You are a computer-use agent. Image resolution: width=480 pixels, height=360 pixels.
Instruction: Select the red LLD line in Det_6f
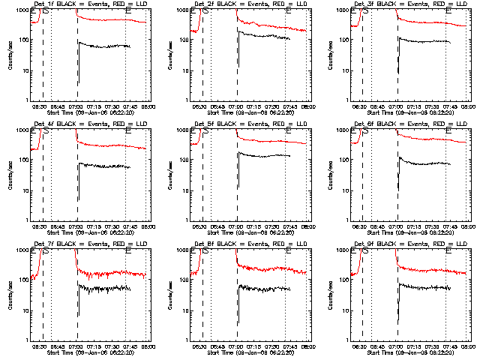click(x=420, y=139)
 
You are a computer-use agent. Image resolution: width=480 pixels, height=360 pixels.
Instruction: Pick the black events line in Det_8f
click(x=262, y=288)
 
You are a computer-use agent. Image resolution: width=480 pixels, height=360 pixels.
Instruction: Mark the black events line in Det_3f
click(x=424, y=40)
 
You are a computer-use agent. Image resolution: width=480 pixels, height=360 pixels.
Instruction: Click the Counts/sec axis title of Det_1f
click(x=10, y=55)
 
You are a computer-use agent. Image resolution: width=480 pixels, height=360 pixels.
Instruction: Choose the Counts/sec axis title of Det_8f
click(x=170, y=295)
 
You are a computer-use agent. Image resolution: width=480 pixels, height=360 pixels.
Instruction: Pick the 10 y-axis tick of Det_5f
click(x=185, y=190)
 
